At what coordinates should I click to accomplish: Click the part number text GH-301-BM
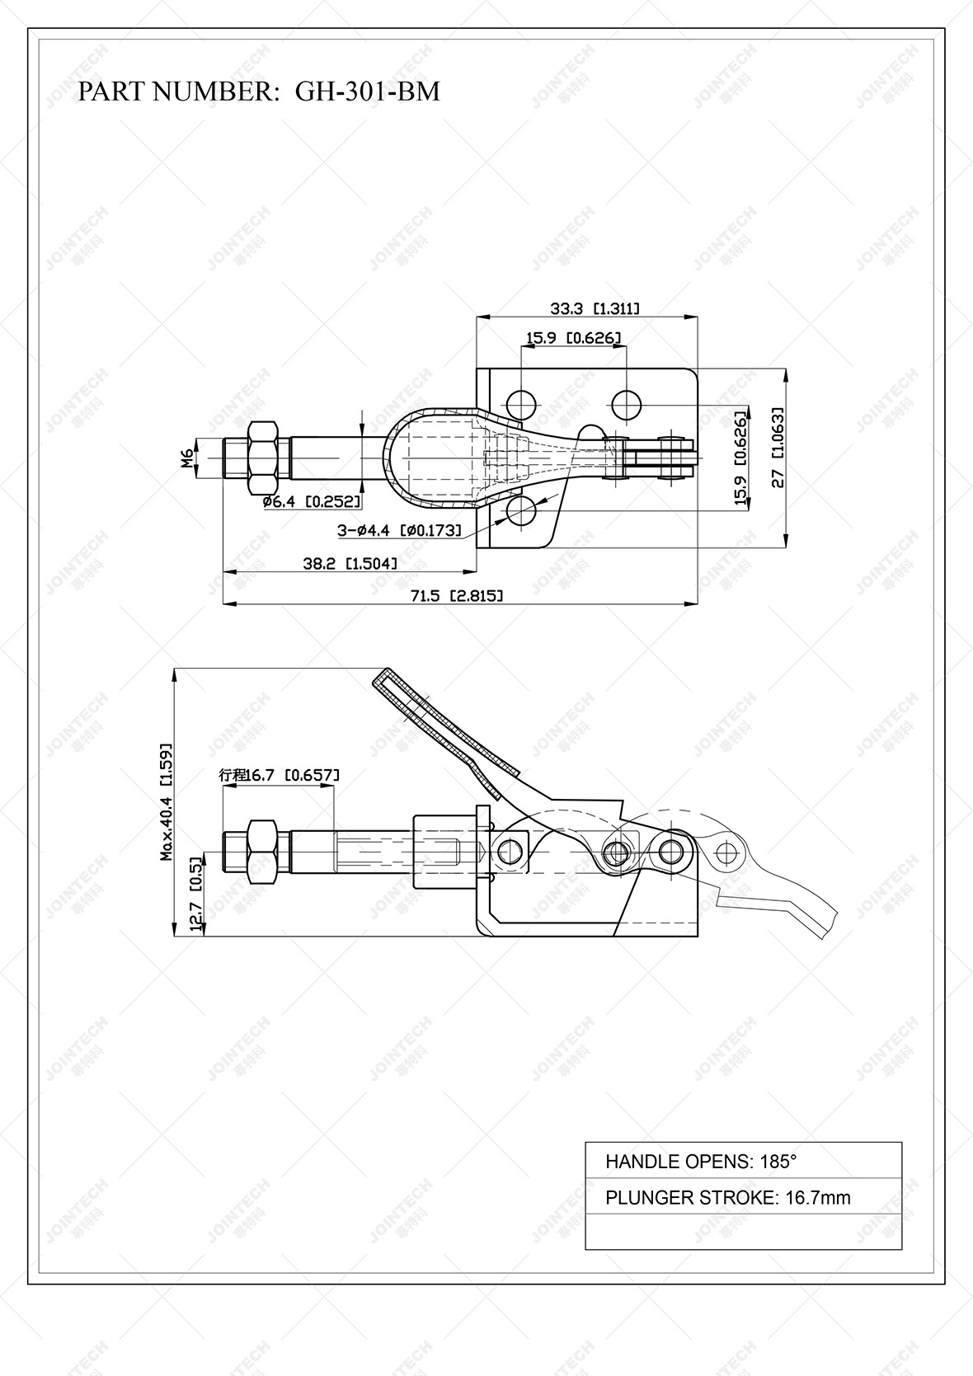pos(367,92)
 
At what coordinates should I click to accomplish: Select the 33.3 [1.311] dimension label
pos(595,309)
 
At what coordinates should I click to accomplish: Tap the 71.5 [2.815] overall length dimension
pos(458,595)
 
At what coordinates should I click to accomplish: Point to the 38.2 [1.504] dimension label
pos(350,563)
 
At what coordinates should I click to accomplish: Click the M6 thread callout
pos(188,456)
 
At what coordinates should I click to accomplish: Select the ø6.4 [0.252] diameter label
pos(311,501)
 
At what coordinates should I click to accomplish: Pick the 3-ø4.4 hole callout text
pos(399,531)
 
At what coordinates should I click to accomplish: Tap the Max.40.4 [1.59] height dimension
pos(167,801)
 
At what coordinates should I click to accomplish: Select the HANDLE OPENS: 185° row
pos(701,1162)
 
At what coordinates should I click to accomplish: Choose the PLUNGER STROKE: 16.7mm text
pos(727,1198)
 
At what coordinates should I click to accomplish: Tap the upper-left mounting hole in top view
pos(521,404)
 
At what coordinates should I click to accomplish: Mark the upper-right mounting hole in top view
pos(627,404)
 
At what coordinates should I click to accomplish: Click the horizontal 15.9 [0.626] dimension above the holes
pos(573,337)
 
